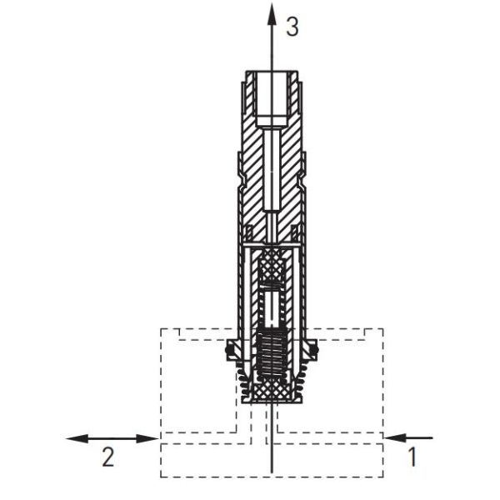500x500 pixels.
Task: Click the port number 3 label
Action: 291,27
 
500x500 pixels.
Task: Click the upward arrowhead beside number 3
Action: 272,10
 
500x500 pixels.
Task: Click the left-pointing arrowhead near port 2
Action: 73,437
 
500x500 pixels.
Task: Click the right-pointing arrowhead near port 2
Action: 150,437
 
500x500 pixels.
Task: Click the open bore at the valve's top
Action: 272,95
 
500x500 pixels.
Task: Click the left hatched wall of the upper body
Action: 252,167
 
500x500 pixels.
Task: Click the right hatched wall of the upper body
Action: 292,167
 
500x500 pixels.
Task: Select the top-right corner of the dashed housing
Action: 382,328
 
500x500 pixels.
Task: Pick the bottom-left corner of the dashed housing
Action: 161,477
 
